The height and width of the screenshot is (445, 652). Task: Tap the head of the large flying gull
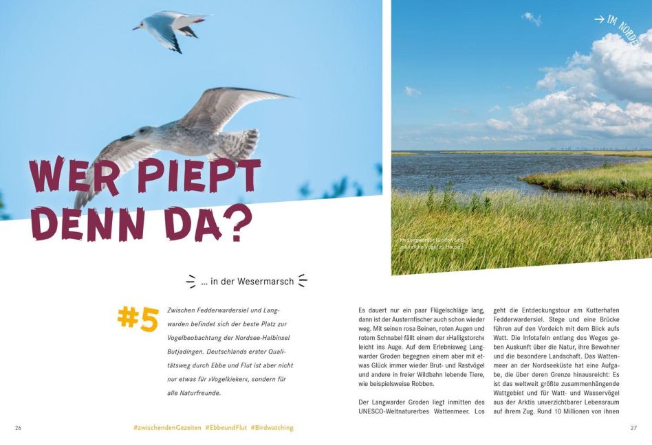point(142,133)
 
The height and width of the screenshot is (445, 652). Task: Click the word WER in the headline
point(76,176)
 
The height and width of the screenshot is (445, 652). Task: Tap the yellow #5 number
point(138,319)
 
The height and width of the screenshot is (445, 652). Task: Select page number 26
point(18,427)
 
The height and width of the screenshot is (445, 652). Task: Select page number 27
point(633,427)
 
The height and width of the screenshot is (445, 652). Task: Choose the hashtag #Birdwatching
point(272,427)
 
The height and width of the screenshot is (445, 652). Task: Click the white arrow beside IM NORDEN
point(600,20)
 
